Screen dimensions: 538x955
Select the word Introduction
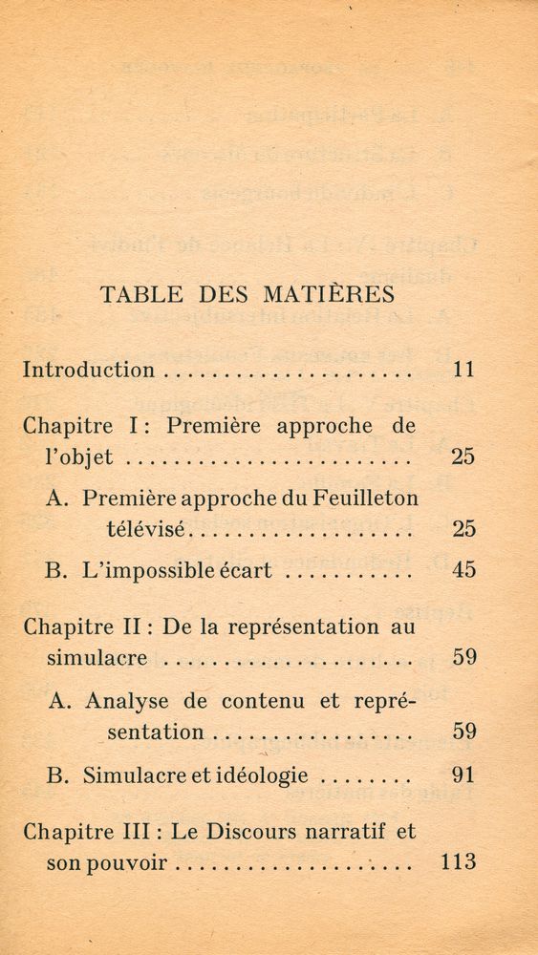(x=88, y=370)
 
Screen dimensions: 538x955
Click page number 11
(x=463, y=370)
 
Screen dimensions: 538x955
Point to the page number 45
(x=463, y=571)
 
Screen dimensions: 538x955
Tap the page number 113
(x=459, y=862)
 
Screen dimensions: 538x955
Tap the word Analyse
(x=126, y=700)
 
